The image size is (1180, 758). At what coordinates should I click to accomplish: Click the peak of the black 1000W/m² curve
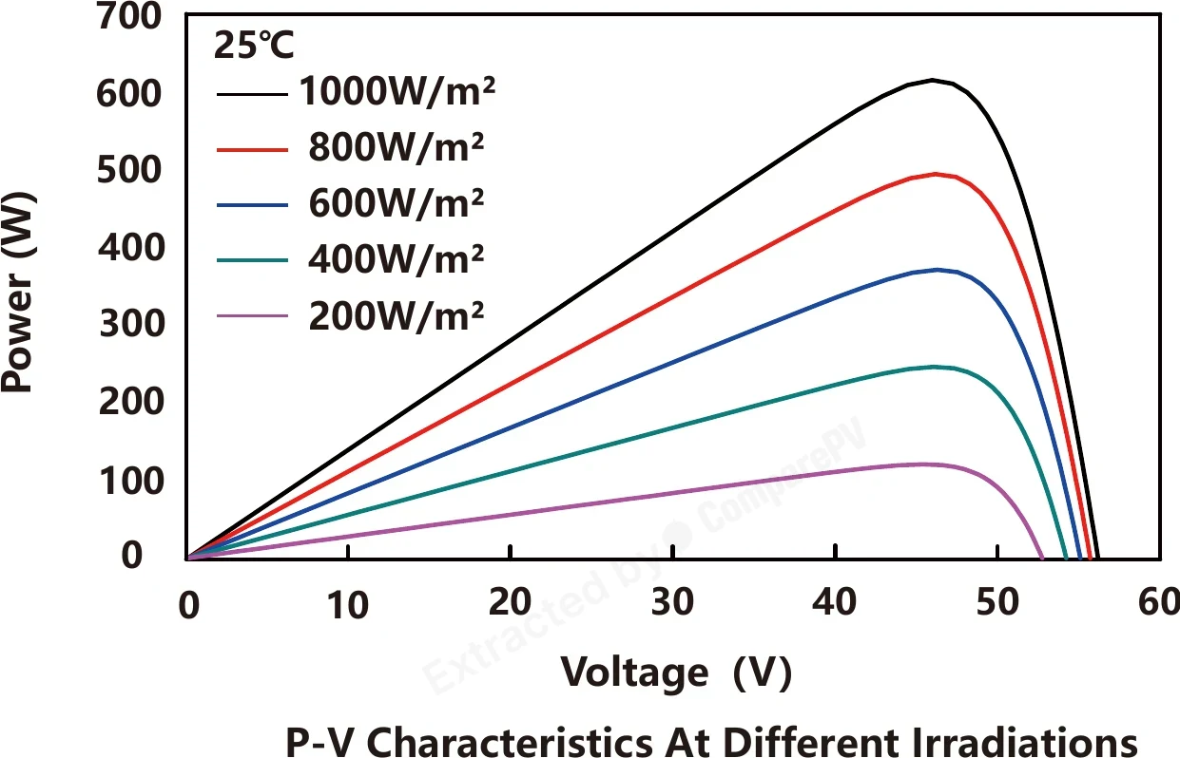[932, 81]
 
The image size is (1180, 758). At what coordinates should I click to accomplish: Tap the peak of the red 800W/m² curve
[935, 174]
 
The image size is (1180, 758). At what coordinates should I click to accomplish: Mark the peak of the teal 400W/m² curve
[934, 367]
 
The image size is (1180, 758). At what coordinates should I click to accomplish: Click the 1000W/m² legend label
[397, 91]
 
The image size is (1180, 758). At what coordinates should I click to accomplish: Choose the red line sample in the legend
[252, 150]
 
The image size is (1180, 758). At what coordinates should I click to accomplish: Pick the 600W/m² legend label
[397, 203]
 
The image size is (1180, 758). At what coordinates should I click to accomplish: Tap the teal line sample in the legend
[252, 260]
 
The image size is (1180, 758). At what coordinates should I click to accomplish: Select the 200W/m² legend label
[397, 316]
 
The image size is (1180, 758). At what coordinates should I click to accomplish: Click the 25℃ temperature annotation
[253, 45]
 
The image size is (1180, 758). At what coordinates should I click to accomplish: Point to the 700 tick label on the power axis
[129, 16]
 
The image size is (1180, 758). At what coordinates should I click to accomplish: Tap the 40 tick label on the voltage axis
[834, 601]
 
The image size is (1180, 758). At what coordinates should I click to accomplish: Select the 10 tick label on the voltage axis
[348, 605]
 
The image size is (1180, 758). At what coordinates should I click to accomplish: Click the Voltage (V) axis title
[676, 673]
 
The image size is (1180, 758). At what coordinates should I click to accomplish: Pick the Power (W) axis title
[18, 293]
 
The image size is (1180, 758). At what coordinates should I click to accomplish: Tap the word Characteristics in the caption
[510, 742]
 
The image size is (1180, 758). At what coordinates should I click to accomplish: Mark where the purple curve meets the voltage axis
[1041, 558]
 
